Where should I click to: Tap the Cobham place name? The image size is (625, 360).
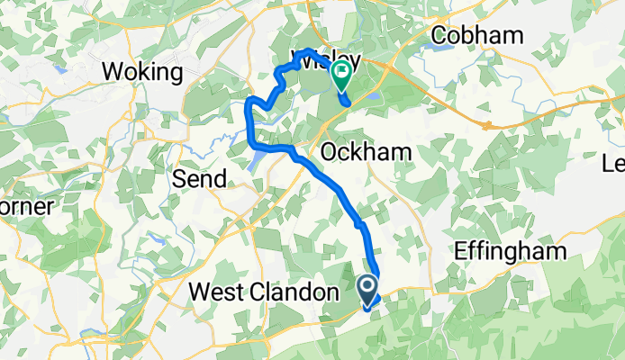pyautogui.click(x=477, y=35)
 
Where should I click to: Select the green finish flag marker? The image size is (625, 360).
pyautogui.click(x=342, y=74)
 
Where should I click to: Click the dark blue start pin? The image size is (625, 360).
pyautogui.click(x=369, y=289)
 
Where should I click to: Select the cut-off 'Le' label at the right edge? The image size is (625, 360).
pyautogui.click(x=613, y=165)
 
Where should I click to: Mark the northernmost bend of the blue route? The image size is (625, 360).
pyautogui.click(x=309, y=49)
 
